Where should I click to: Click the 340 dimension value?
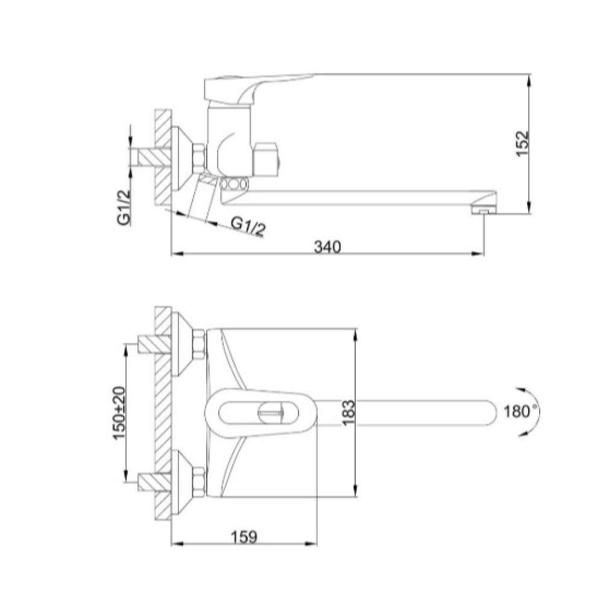click(x=327, y=247)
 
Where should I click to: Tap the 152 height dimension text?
click(x=522, y=144)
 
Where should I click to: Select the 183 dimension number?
click(x=349, y=412)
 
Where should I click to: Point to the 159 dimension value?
click(x=244, y=537)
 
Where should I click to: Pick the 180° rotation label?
click(x=520, y=412)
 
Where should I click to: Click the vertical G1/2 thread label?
click(x=124, y=207)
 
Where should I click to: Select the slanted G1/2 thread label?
click(x=248, y=227)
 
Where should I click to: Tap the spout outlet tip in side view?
click(x=483, y=210)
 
